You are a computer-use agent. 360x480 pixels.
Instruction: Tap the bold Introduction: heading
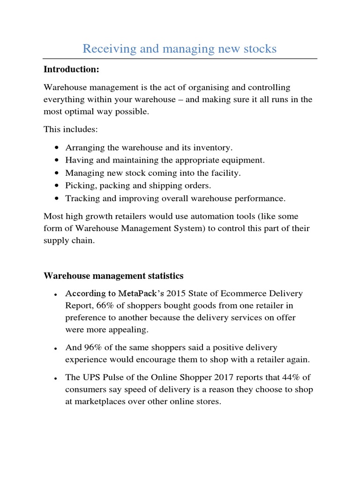click(71, 70)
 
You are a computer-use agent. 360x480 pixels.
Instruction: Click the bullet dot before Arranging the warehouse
click(57, 148)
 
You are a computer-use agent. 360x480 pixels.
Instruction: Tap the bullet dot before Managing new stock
click(57, 173)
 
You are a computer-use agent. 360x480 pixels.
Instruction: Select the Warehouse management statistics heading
click(113, 276)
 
